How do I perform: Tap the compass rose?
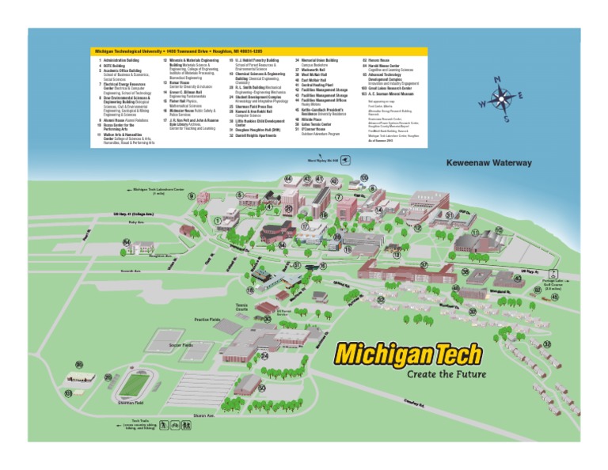pyautogui.click(x=501, y=99)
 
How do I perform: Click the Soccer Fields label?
pyautogui.click(x=180, y=345)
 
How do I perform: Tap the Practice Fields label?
pyautogui.click(x=207, y=320)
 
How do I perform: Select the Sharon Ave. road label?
pyautogui.click(x=203, y=415)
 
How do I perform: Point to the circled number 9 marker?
pyautogui.click(x=191, y=196)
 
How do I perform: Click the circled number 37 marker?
pyautogui.click(x=424, y=266)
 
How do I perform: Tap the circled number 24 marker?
pyautogui.click(x=264, y=356)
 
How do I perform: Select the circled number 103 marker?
pyautogui.click(x=69, y=392)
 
